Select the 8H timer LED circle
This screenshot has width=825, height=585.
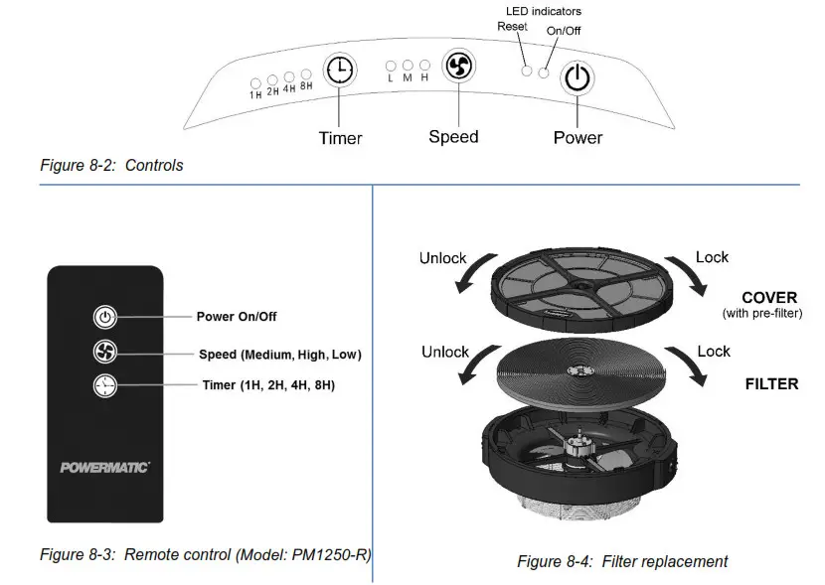point(306,74)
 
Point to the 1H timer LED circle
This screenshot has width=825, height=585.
point(255,82)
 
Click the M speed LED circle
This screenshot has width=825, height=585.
point(408,65)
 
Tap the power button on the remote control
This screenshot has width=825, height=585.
point(104,318)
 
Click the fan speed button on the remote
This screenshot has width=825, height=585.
point(104,353)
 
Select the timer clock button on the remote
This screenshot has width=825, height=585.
point(104,386)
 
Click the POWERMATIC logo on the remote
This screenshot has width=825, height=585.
point(104,467)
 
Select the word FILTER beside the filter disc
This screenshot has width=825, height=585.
point(771,383)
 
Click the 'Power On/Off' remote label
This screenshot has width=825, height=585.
point(237,317)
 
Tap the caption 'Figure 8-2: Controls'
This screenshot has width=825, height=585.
point(111,166)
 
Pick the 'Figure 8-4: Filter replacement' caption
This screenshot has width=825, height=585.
point(622,561)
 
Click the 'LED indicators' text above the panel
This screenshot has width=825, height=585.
point(544,11)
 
